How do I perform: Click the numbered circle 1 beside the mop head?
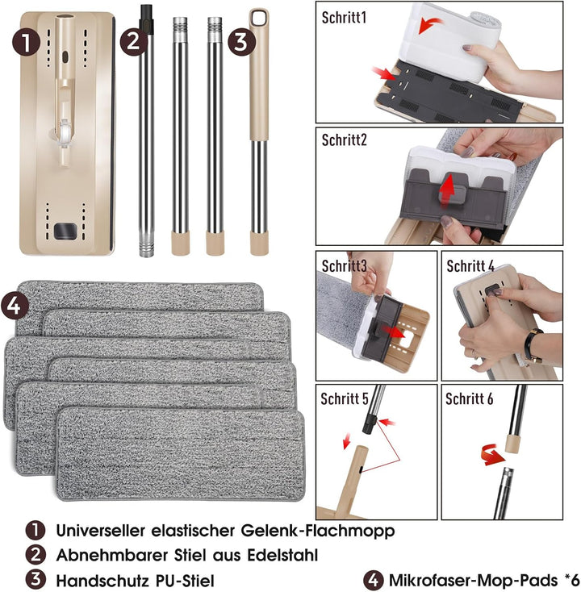point(26,42)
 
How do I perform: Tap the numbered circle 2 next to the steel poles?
point(134,42)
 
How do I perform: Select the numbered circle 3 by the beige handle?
point(242,42)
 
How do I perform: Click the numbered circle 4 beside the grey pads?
point(15,305)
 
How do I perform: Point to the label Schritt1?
point(344,18)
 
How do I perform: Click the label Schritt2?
point(344,140)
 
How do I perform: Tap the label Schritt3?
point(344,266)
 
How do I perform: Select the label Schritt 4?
point(470,266)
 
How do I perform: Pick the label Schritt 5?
point(344,398)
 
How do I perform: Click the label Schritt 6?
point(469,398)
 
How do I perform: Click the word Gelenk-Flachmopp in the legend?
point(318,531)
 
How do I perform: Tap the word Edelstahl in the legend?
point(282,556)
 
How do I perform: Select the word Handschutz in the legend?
point(102,580)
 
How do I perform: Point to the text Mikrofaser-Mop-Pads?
point(473,580)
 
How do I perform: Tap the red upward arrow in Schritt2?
point(447,189)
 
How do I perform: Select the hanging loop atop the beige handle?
point(260,18)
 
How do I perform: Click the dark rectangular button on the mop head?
point(65,231)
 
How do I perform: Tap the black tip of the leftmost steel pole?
point(146,19)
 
